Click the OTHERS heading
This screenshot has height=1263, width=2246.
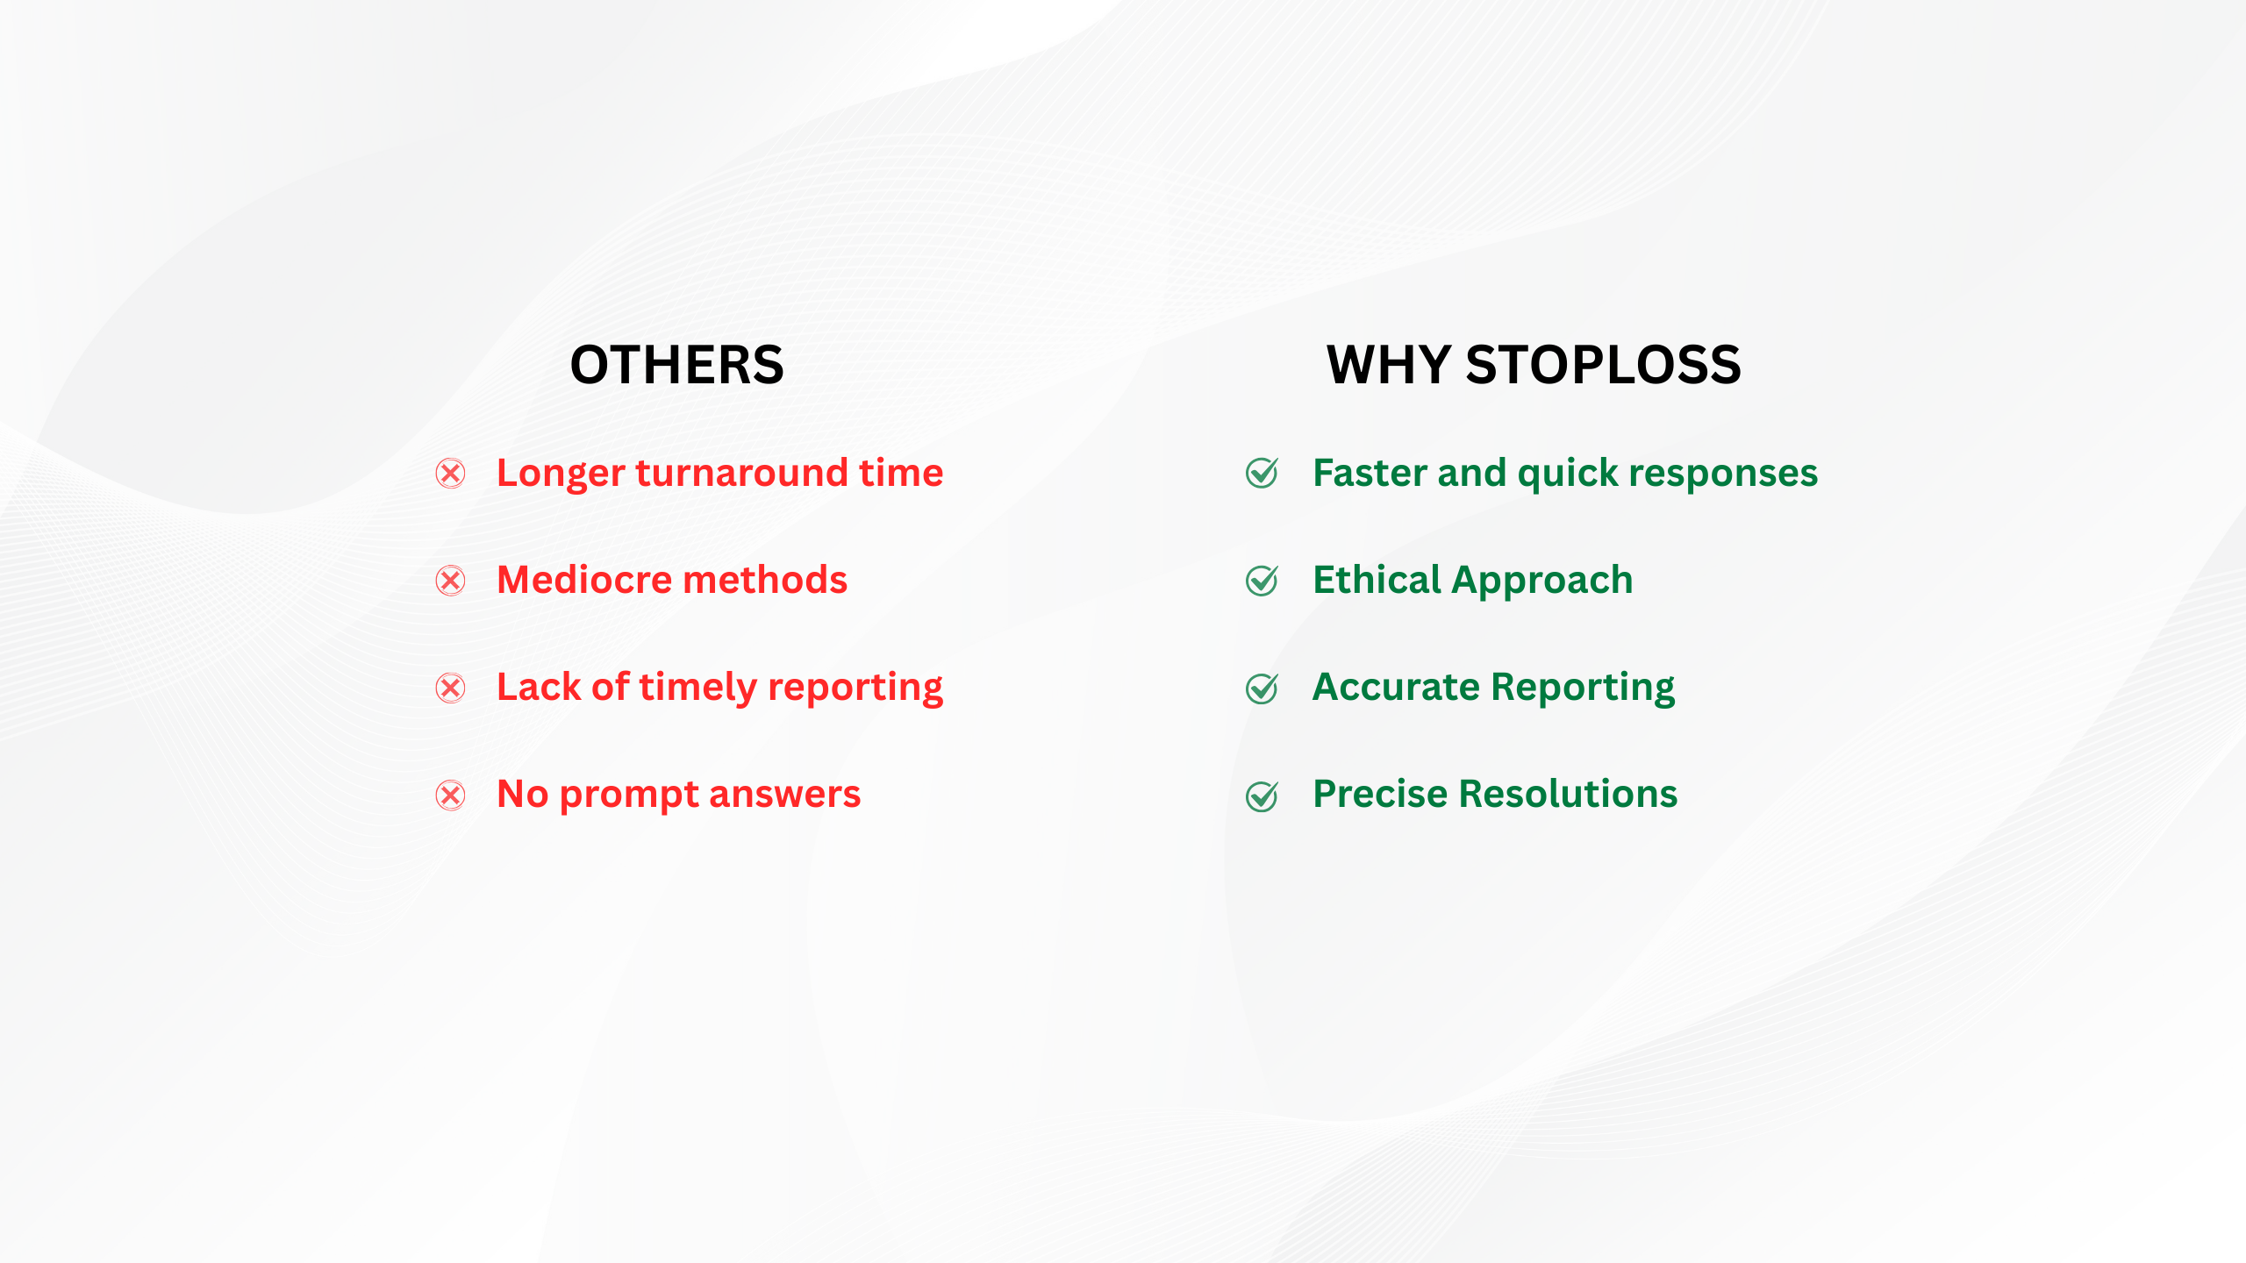676,365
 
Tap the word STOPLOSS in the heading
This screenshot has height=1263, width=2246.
1603,365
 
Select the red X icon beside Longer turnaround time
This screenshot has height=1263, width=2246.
451,474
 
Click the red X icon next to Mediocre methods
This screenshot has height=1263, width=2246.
451,581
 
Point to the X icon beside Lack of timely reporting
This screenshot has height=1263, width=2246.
451,688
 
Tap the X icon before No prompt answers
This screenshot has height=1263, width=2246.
451,796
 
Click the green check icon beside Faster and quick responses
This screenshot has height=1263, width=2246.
1262,473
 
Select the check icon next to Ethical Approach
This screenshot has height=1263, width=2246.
1262,580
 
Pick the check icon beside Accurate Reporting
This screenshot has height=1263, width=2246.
1262,688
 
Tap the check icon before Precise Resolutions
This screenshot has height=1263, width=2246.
1262,796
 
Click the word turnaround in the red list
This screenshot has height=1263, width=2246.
741,474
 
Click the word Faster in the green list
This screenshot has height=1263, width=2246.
1370,473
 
